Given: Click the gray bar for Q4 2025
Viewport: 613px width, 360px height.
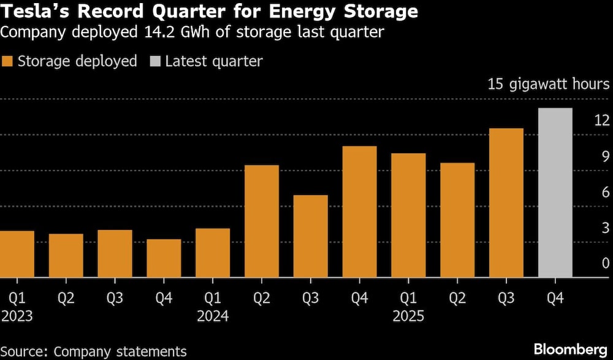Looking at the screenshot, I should [x=555, y=193].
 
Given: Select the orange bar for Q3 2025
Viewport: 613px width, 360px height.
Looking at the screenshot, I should [x=506, y=203].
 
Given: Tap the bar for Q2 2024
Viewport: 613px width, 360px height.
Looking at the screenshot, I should [x=262, y=221].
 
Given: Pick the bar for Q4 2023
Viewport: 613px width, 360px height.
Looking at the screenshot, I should [x=164, y=258].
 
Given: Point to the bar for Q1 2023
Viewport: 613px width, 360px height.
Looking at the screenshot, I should [x=17, y=254].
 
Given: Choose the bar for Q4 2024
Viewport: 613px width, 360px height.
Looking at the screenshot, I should [x=359, y=212].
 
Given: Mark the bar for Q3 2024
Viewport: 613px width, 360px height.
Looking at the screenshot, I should [x=311, y=236].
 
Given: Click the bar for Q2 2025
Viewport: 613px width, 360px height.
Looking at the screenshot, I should [x=457, y=220].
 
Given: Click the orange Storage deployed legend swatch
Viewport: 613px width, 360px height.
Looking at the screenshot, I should [x=7, y=61].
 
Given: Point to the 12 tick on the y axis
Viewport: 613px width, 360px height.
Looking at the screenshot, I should [x=602, y=120].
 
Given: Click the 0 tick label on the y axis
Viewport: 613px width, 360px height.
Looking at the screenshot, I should [x=606, y=263].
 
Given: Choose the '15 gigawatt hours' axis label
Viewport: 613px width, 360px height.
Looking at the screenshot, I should [x=548, y=84].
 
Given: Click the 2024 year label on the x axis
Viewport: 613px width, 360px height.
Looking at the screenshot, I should [x=213, y=316].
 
